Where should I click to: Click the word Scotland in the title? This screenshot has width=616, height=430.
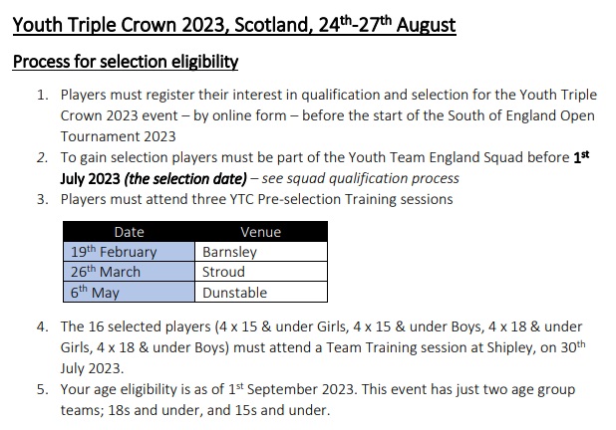pos(273,25)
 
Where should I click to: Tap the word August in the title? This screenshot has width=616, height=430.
pos(426,25)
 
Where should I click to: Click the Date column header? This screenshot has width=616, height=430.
pos(129,232)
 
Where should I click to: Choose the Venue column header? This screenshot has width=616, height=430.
pos(261,232)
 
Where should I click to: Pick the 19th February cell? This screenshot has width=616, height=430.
pos(129,252)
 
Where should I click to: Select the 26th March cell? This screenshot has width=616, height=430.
pos(129,272)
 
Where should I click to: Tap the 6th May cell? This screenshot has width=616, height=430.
pos(129,292)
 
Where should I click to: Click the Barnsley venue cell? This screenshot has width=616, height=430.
pos(261,252)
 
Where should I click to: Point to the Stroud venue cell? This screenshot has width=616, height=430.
pos(261,272)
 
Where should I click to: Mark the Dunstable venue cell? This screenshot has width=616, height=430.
pos(261,292)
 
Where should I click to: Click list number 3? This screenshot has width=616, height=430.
pos(42,199)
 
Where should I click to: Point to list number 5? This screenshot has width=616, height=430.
pos(42,389)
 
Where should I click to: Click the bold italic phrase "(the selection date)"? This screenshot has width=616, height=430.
pos(185,179)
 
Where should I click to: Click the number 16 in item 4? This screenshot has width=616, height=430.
pos(96,326)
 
